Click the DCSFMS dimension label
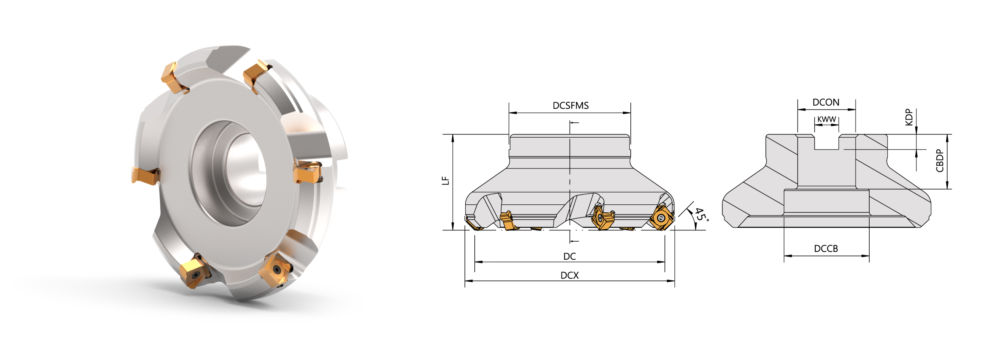coord(570,106)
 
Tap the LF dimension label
coord(445,181)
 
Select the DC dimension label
coord(570,256)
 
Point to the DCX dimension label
coord(570,275)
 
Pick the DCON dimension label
coord(826,102)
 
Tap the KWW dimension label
coord(827,119)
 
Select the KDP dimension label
coord(909,117)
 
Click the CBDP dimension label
coord(940,160)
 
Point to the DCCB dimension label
coord(826,249)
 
